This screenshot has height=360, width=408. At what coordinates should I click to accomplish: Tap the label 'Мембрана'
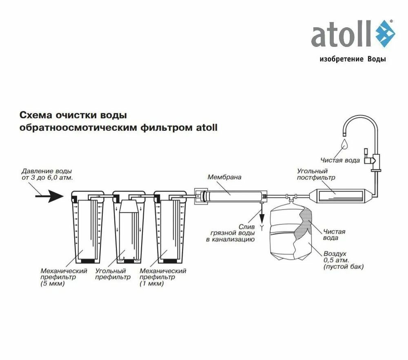pos(224,177)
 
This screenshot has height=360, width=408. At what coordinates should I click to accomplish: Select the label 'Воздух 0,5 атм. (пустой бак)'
pos(343,260)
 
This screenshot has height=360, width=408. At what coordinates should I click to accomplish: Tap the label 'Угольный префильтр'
pos(113,274)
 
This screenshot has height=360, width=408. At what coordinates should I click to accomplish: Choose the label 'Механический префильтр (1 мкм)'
pos(163,277)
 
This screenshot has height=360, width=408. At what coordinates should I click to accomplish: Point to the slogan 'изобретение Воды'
pos(353,59)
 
